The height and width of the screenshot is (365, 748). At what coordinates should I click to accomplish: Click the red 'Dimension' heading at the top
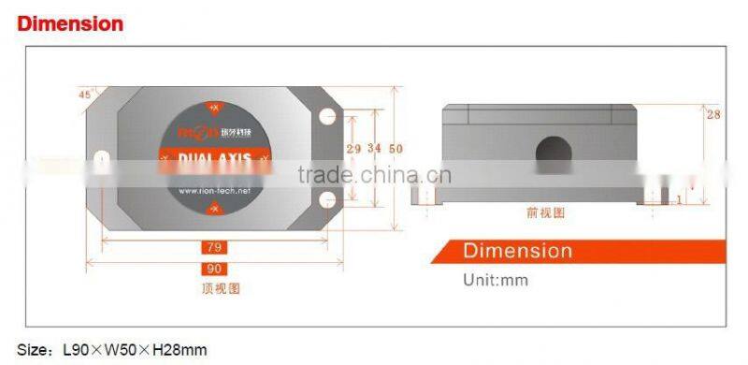(70, 23)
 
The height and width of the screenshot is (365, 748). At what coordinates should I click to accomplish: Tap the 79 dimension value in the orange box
(212, 247)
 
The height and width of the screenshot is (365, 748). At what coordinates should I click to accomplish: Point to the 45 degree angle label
(85, 95)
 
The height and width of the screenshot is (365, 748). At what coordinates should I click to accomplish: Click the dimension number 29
(353, 149)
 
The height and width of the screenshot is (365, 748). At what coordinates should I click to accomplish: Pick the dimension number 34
(374, 149)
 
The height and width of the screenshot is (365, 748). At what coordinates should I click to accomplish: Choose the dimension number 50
(396, 149)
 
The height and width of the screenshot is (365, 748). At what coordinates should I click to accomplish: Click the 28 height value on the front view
(713, 114)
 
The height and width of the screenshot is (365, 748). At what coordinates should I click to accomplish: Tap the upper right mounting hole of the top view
(327, 117)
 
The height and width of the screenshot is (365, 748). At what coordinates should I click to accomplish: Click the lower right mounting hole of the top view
(327, 201)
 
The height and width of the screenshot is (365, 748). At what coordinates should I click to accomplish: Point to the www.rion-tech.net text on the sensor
(214, 191)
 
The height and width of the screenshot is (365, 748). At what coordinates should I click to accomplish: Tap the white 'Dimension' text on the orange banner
(517, 251)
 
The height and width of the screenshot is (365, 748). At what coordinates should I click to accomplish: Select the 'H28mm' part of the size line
(181, 351)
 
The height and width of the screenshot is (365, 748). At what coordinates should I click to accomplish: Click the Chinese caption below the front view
(546, 213)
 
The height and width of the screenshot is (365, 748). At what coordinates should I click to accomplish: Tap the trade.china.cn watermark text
(374, 175)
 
